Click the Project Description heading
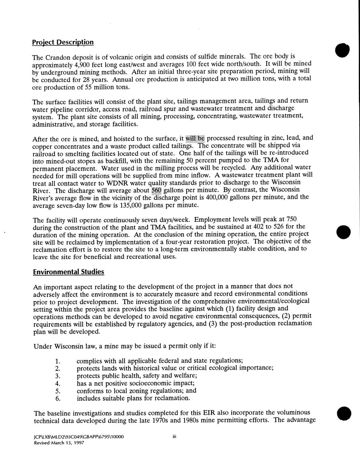pyautogui.click(x=63, y=42)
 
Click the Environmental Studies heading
pyautogui.click(x=68, y=272)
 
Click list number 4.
pyautogui.click(x=58, y=383)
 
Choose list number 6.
pyautogui.click(x=58, y=398)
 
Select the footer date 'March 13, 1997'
pyautogui.click(x=65, y=443)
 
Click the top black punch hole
pyautogui.click(x=343, y=50)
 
